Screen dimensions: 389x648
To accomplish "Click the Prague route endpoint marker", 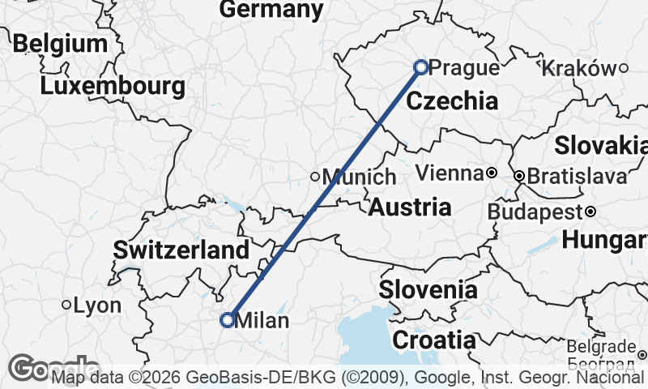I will [420, 67].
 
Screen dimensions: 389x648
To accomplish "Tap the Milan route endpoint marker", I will [228, 320].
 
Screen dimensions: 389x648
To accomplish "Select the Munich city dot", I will [316, 177].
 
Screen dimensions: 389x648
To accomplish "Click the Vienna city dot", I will [491, 173].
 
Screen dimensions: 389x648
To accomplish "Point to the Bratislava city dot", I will [518, 176].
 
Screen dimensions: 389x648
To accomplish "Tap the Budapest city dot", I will [590, 212].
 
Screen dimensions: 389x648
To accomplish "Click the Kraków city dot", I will [624, 68].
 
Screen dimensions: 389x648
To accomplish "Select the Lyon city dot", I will [66, 306].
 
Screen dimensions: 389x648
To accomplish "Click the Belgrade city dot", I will [642, 354].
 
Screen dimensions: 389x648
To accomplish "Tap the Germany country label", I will [271, 9].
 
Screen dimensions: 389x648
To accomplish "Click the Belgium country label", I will [60, 43].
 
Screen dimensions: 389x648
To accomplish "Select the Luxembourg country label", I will [112, 85].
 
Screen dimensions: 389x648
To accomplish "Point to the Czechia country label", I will [452, 100].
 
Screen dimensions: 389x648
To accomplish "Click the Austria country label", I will [410, 207].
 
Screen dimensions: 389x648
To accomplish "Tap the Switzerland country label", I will [181, 250].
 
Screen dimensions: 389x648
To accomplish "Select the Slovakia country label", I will [601, 146].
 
